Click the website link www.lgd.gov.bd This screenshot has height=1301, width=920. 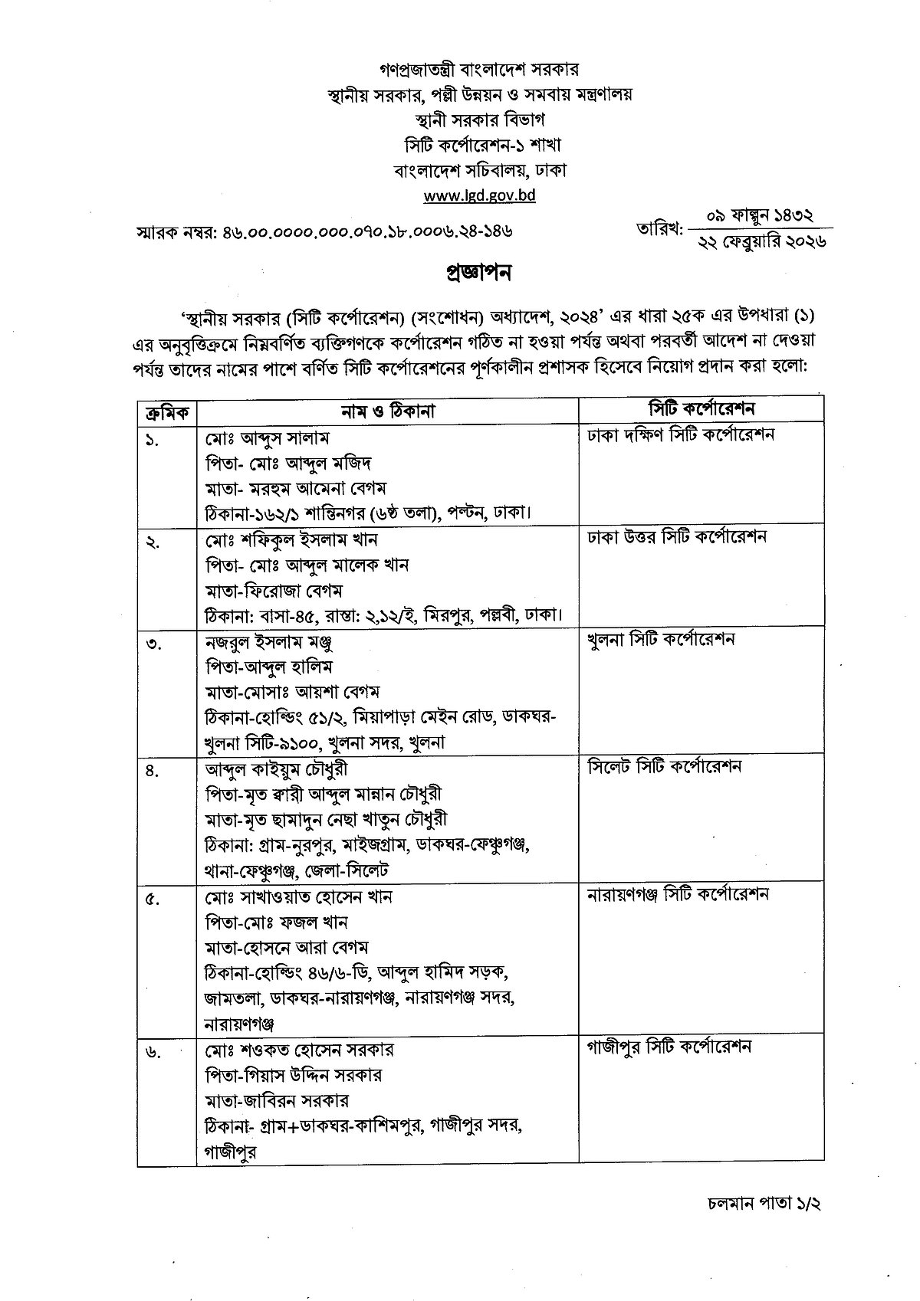tap(480, 195)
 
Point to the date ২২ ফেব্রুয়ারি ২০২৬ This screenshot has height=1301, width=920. tap(761, 241)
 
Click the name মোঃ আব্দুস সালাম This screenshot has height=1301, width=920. tap(267, 437)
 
